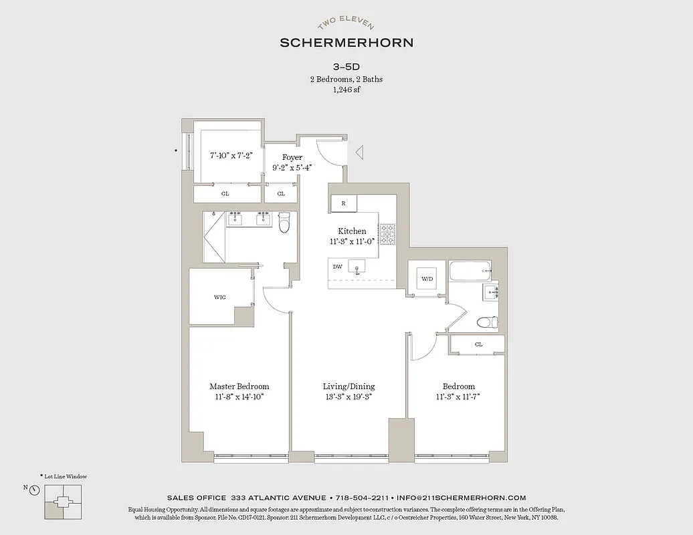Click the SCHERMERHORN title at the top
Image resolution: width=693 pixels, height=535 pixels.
click(x=346, y=43)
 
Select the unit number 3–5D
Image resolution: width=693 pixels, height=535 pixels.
click(x=346, y=67)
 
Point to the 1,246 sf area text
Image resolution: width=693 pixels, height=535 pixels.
click(x=346, y=90)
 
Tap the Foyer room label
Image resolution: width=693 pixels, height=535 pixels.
click(x=292, y=158)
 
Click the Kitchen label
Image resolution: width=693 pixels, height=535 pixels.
click(x=352, y=231)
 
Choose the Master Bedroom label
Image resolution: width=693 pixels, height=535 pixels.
click(x=239, y=387)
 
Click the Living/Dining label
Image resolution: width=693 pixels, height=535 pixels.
click(x=349, y=387)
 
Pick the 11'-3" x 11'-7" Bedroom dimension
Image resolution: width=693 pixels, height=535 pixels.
click(x=458, y=397)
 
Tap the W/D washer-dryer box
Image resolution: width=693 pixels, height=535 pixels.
click(x=425, y=278)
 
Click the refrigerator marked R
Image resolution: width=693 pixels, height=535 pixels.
click(x=344, y=203)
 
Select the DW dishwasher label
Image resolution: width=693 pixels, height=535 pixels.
click(x=338, y=266)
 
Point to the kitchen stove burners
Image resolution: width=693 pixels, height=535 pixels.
click(x=388, y=233)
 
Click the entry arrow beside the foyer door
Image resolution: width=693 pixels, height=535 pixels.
click(x=359, y=152)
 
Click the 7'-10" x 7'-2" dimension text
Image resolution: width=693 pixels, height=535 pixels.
click(x=230, y=155)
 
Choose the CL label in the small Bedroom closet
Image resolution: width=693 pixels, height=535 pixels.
click(x=478, y=344)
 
